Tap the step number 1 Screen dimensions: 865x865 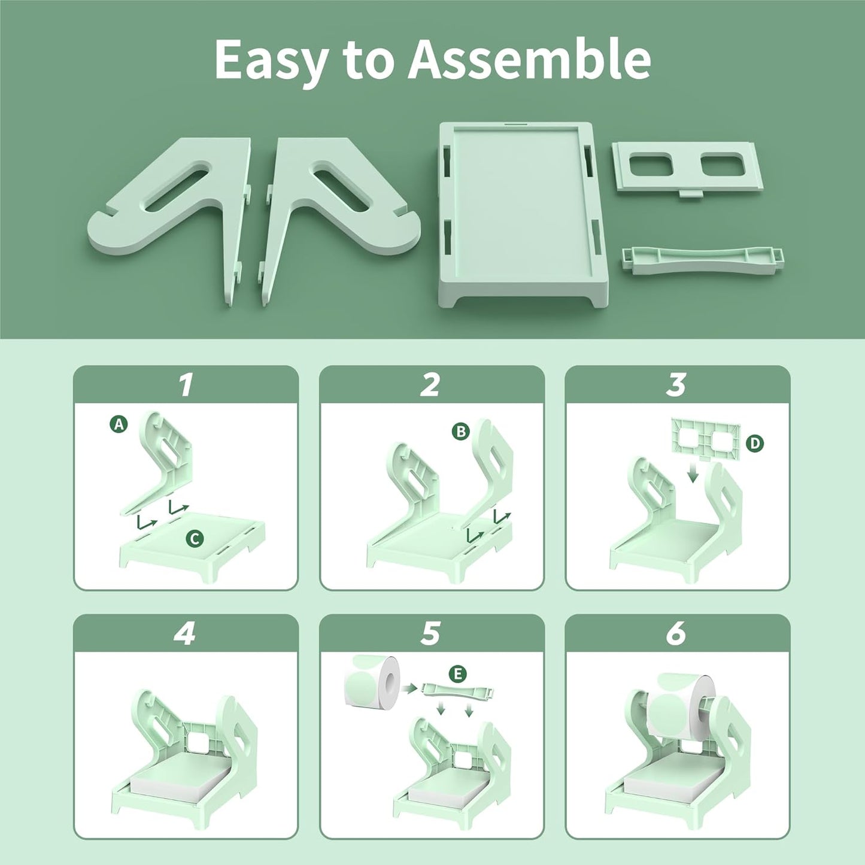click(x=186, y=385)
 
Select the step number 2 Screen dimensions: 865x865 click(x=430, y=385)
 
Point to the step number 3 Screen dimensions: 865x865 click(x=676, y=385)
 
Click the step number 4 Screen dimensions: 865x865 click(x=185, y=633)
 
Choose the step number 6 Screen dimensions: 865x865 click(x=676, y=633)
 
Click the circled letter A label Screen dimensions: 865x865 click(x=119, y=424)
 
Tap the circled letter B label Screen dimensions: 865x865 click(x=460, y=431)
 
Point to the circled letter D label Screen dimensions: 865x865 click(x=755, y=443)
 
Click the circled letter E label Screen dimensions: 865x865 click(x=458, y=674)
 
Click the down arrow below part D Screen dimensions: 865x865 click(x=693, y=474)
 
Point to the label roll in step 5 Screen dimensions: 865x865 click(x=372, y=680)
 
